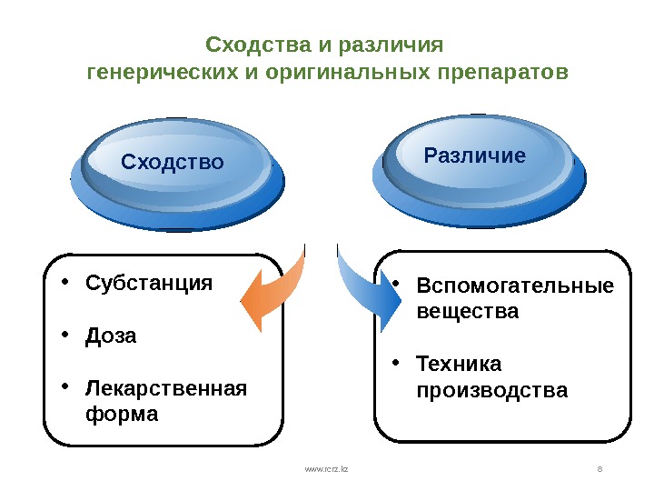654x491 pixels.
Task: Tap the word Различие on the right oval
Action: point(474,155)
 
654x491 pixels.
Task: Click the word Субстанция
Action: point(149,283)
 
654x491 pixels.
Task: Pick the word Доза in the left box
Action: point(111,336)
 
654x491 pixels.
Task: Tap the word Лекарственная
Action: point(165,389)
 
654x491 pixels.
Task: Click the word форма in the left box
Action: point(121,414)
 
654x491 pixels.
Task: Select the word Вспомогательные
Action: point(514,287)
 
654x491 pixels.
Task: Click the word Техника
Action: point(458,365)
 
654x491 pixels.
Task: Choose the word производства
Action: point(491,390)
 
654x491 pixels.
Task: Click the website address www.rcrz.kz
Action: point(326,468)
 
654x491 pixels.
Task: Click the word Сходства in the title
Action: point(257,45)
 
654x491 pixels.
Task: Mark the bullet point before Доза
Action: point(64,335)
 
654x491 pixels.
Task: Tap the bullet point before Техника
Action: point(395,363)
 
